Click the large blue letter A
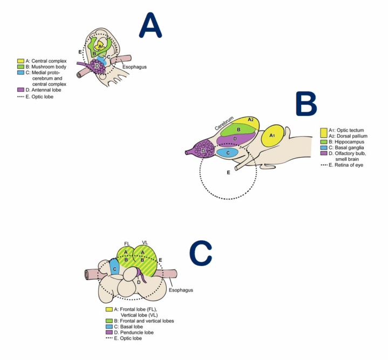(151, 25)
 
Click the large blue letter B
(310, 103)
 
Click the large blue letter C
(201, 254)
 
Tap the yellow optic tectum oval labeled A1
(274, 138)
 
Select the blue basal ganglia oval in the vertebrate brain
(228, 153)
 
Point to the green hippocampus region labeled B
(238, 130)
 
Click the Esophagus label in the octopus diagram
(181, 290)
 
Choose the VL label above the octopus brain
(144, 243)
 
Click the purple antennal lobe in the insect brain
(98, 67)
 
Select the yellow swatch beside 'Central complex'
(21, 61)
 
